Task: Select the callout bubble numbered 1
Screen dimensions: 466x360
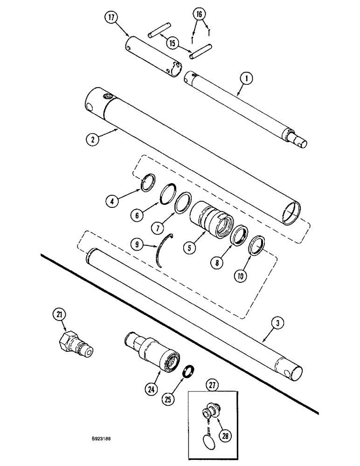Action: (246, 80)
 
